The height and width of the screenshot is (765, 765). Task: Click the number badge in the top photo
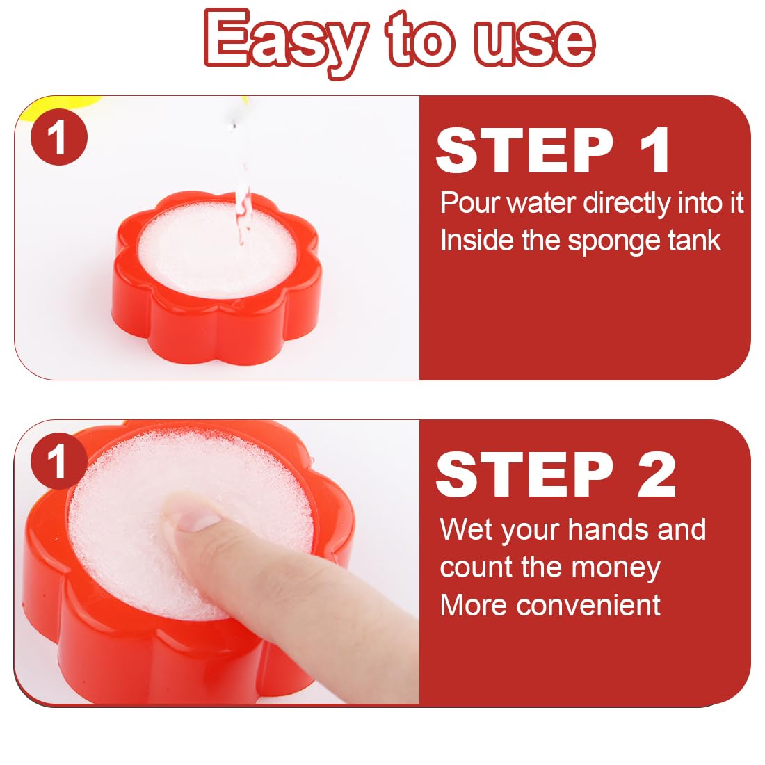coord(59,137)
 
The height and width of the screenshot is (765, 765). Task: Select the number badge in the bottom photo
coord(59,461)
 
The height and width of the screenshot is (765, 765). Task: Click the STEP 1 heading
coord(553,150)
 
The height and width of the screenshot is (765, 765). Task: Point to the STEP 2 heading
coord(556,474)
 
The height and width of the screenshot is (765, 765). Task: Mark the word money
coord(615,569)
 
